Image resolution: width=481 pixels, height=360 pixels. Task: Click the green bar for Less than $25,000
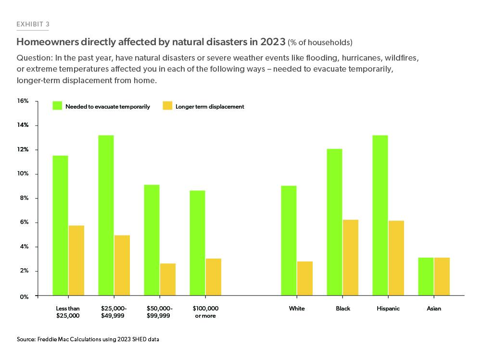(x=60, y=225)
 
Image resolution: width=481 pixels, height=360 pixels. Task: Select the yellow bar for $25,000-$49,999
(x=122, y=265)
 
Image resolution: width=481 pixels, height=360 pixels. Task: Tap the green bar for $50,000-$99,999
(x=152, y=240)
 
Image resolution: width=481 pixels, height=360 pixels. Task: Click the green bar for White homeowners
(x=289, y=240)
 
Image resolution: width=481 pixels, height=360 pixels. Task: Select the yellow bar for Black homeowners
(x=350, y=257)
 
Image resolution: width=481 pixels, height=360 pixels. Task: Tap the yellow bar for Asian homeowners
(x=442, y=276)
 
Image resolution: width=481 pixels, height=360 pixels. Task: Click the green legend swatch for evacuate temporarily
(x=58, y=106)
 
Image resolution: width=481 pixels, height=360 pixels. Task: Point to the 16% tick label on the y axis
(x=24, y=101)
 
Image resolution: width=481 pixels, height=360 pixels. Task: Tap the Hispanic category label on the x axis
(x=388, y=309)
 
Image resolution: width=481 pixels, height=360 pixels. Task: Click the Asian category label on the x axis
(x=434, y=309)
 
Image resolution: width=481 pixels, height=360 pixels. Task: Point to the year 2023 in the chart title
(x=273, y=41)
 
